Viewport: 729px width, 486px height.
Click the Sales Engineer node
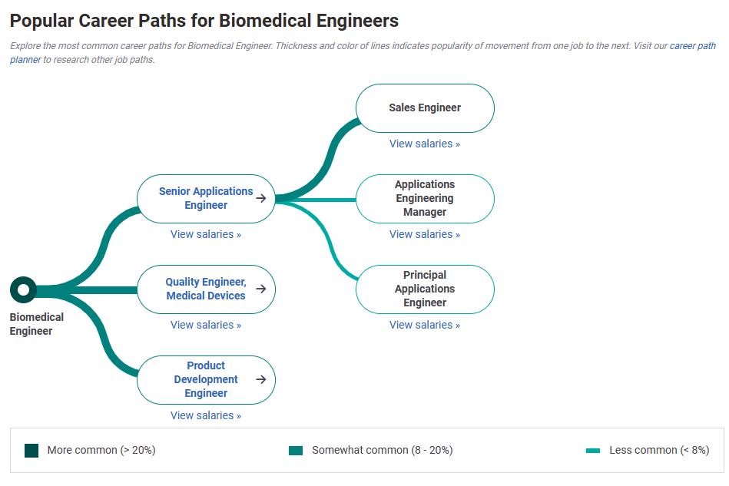click(425, 108)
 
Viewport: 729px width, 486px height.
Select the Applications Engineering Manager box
click(425, 199)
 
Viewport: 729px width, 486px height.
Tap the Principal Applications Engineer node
click(425, 289)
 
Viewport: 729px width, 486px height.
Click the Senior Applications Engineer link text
click(206, 198)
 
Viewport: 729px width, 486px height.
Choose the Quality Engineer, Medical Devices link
click(206, 289)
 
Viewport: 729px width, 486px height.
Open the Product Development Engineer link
click(206, 379)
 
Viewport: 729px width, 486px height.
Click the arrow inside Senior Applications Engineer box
click(261, 198)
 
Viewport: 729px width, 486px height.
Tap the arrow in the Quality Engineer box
click(261, 289)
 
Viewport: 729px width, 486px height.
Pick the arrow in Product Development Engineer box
click(261, 379)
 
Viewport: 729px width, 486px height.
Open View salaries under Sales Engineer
click(425, 144)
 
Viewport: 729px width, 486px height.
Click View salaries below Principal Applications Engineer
click(425, 325)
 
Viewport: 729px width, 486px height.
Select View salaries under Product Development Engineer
click(206, 415)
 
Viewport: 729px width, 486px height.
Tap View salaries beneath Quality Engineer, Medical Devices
click(206, 325)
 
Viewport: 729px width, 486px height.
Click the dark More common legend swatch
click(31, 450)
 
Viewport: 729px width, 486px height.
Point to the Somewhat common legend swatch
click(296, 451)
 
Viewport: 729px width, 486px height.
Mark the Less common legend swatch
click(593, 451)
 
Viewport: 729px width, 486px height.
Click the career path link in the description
click(693, 46)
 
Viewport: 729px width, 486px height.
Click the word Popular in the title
click(41, 21)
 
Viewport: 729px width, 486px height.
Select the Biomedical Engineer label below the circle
click(36, 324)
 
